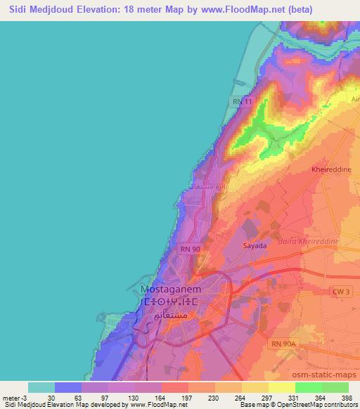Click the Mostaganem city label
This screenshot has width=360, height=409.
click(x=172, y=289)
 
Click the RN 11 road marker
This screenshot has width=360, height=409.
click(x=242, y=103)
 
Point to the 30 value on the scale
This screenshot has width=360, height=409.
click(x=42, y=397)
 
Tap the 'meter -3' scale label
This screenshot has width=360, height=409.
click(x=15, y=397)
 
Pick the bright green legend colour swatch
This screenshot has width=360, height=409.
click(x=309, y=387)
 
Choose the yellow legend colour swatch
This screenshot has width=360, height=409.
click(x=255, y=387)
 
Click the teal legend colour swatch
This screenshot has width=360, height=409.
click(x=41, y=387)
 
